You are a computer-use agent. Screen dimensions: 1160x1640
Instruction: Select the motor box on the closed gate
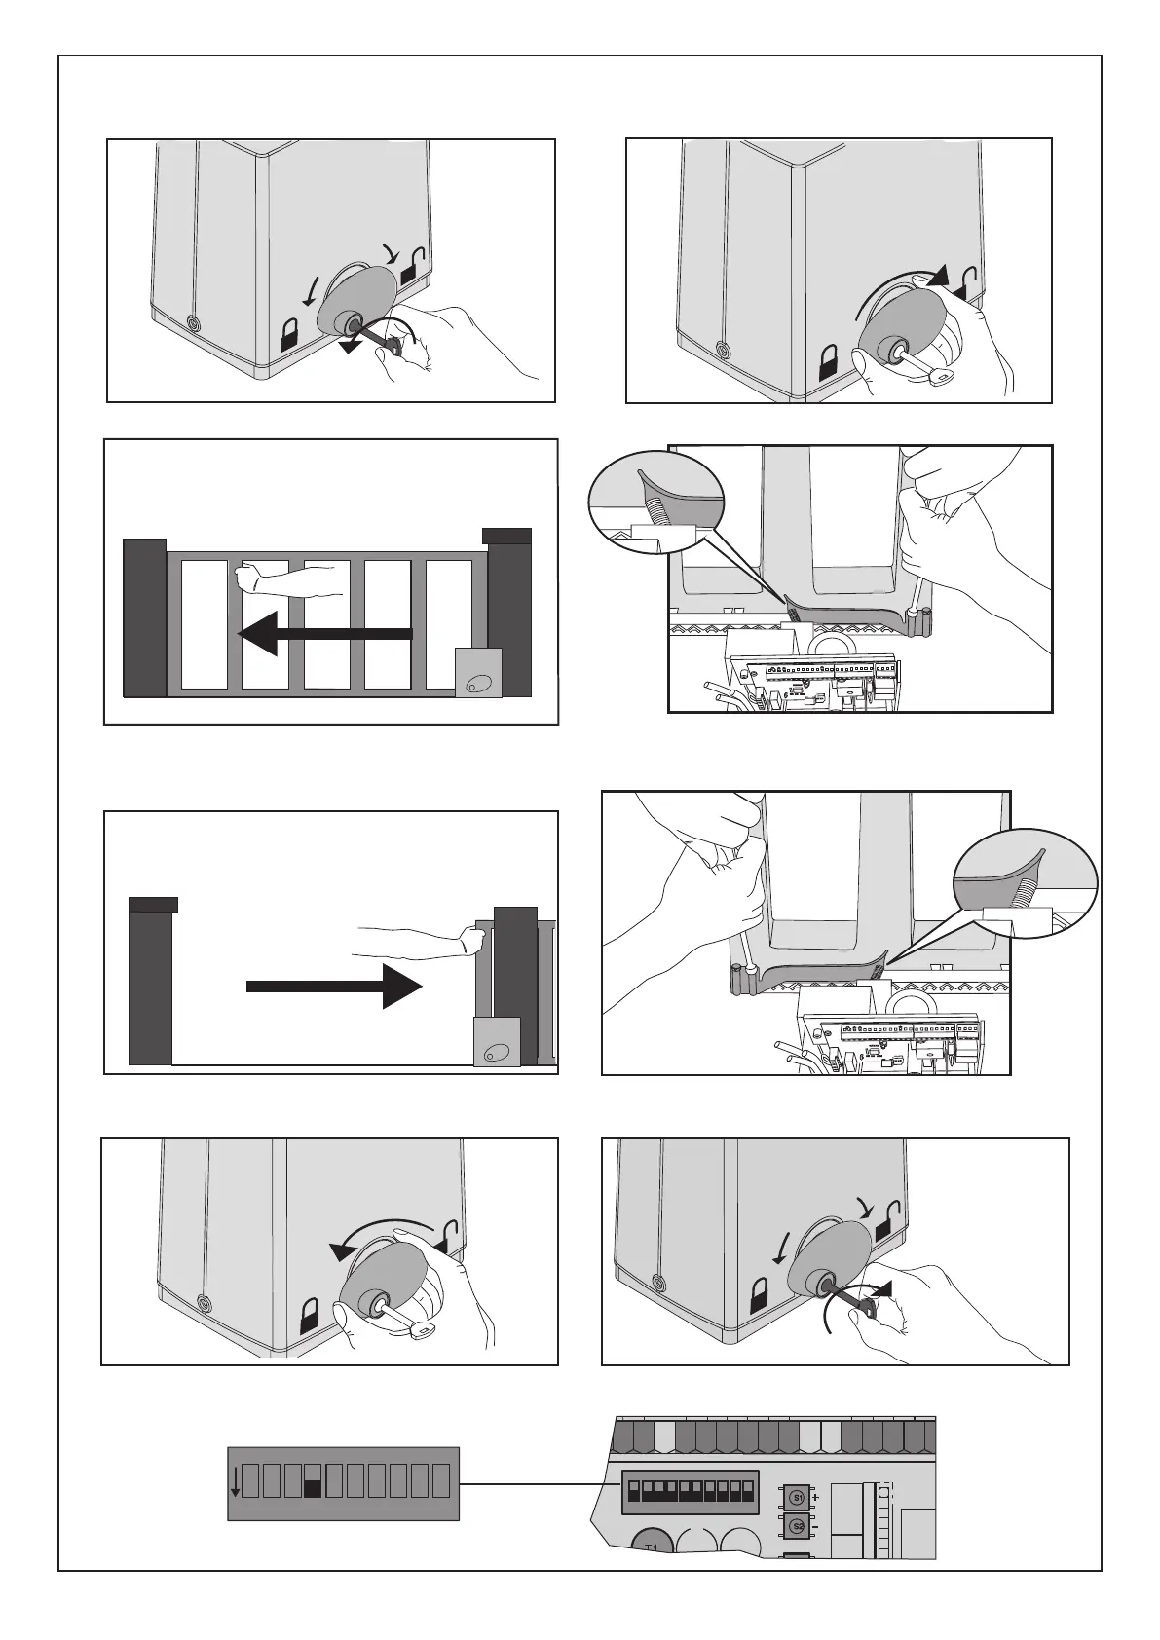(478, 673)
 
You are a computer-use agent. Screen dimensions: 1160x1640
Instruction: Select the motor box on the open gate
(497, 1042)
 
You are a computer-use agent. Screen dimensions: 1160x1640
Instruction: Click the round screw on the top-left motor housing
(192, 322)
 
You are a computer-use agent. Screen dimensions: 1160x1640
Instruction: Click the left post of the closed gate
(145, 617)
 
